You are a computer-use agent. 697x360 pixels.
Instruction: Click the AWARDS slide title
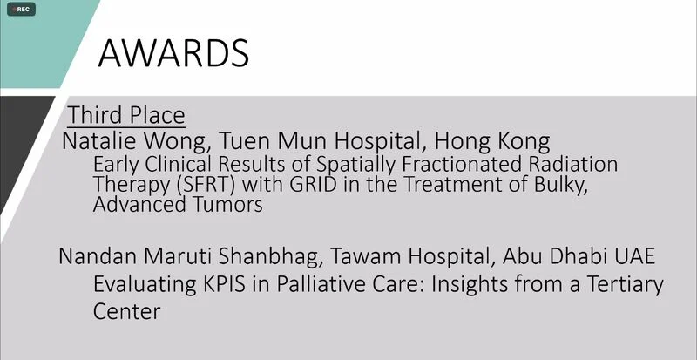click(173, 53)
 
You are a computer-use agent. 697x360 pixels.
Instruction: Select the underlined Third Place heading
click(126, 115)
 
